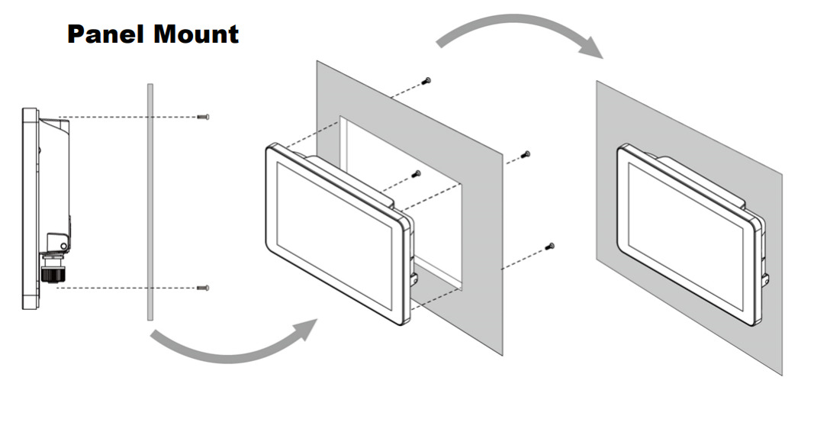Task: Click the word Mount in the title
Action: [198, 34]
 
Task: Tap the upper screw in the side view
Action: [204, 117]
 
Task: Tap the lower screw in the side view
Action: [203, 288]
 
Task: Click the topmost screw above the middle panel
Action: [427, 80]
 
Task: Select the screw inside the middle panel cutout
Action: [417, 174]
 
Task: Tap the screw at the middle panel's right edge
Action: [525, 155]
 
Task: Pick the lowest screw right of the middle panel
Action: [550, 246]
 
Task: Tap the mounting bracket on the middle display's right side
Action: [414, 279]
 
